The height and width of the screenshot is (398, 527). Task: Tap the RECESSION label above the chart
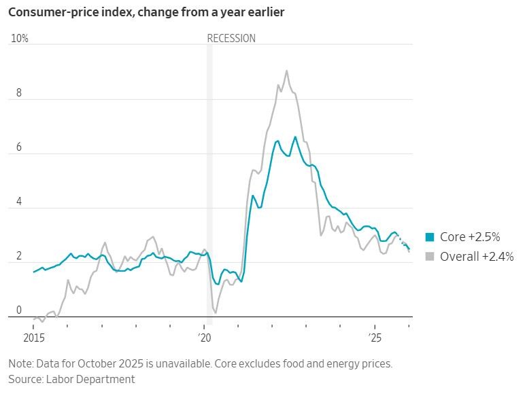[x=231, y=39]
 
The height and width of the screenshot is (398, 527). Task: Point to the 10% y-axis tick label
[x=20, y=39]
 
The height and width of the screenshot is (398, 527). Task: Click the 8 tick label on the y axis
[x=19, y=94]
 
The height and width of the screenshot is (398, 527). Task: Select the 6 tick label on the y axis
[x=19, y=148]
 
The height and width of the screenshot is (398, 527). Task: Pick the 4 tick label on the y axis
[x=19, y=202]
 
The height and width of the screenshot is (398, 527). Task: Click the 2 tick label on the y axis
[x=19, y=257]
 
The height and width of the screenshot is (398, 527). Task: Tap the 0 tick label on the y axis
[x=19, y=311]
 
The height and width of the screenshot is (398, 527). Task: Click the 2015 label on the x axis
[x=33, y=337]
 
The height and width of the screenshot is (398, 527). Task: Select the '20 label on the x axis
[x=205, y=337]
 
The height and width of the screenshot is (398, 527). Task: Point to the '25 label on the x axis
[x=376, y=337]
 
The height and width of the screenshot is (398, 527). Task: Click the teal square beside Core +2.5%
[x=430, y=237]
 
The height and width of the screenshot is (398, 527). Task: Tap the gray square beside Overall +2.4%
[x=430, y=257]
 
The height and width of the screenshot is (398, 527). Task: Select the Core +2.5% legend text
[x=470, y=237]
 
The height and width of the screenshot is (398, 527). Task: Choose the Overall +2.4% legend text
[x=477, y=257]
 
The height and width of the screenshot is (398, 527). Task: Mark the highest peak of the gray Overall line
[x=286, y=71]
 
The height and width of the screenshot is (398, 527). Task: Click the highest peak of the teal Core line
[x=295, y=137]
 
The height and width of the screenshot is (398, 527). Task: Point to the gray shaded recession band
[x=209, y=183]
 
